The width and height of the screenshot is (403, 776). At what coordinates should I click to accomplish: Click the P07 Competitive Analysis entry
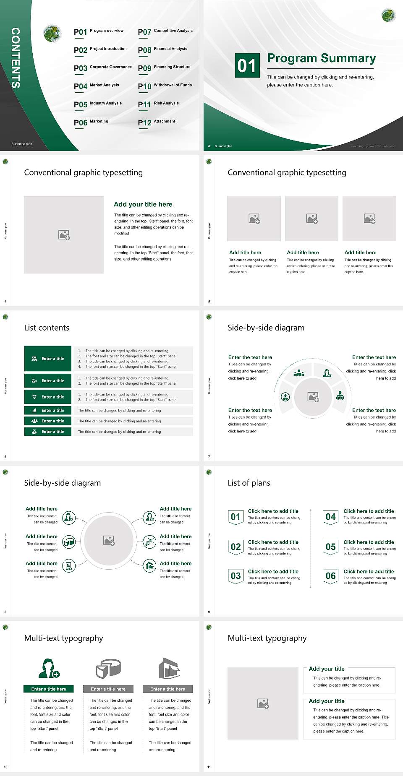[165, 31]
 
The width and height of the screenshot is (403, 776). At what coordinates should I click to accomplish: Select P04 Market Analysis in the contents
[96, 86]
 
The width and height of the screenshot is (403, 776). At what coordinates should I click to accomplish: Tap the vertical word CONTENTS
[16, 58]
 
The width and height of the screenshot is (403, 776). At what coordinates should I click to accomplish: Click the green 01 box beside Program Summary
[247, 65]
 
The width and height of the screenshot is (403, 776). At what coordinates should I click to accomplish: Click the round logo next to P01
[52, 33]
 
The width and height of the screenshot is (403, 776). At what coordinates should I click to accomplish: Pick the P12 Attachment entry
[157, 122]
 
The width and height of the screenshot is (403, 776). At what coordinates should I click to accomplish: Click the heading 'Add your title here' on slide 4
[143, 204]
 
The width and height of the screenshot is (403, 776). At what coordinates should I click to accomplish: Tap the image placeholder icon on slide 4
[64, 235]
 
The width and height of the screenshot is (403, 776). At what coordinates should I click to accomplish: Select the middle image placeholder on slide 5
[311, 219]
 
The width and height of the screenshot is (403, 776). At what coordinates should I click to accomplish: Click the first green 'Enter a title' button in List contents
[48, 359]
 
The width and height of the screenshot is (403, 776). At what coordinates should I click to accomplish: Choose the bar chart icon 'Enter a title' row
[48, 410]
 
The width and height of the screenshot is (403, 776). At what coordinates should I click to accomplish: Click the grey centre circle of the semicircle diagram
[313, 397]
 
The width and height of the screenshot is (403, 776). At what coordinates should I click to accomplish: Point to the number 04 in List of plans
[331, 517]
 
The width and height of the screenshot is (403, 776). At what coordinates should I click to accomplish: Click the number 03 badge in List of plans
[236, 576]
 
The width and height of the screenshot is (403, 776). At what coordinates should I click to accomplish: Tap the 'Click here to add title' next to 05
[369, 542]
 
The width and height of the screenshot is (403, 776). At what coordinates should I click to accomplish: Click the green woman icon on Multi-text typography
[49, 669]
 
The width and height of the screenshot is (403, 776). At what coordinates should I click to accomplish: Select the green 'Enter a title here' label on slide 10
[49, 689]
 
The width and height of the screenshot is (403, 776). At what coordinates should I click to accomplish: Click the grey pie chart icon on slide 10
[108, 668]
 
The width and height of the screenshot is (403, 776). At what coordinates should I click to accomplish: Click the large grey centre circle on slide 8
[109, 540]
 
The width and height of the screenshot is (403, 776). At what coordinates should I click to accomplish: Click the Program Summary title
[321, 58]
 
